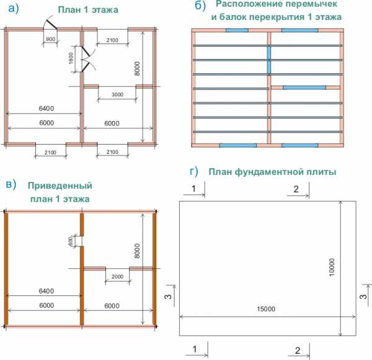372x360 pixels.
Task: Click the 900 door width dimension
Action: (51, 39)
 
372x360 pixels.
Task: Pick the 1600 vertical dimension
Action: (72, 60)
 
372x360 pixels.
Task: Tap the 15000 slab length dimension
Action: (267, 308)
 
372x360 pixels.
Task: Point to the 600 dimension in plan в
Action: (71, 241)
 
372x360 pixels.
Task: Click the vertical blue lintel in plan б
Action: (269, 59)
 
